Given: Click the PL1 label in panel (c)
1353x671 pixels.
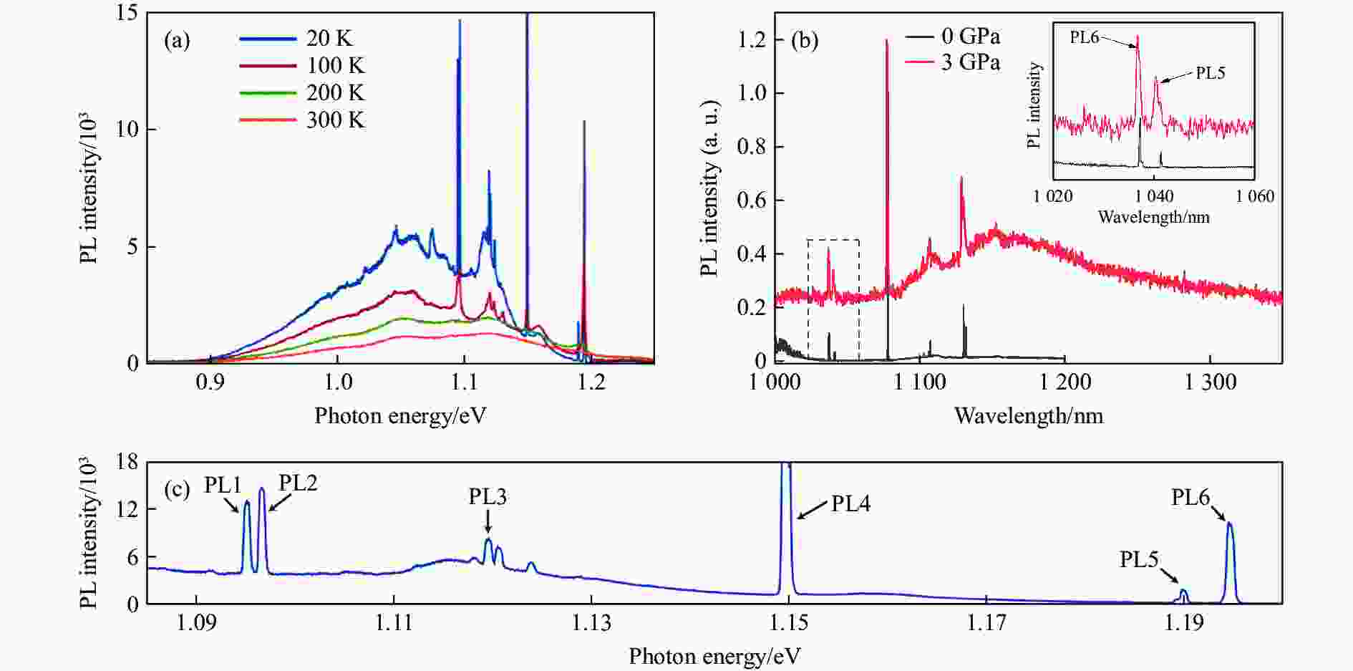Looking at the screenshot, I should coord(223,486).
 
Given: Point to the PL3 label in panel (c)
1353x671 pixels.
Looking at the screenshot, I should coord(488,496).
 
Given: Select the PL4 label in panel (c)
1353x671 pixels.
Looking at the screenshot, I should coord(850,504).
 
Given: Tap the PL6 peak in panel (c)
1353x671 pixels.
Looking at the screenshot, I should coord(1229,526).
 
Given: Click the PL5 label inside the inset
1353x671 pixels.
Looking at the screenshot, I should coord(1211,73).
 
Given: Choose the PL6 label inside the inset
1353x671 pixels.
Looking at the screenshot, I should coord(1085,37).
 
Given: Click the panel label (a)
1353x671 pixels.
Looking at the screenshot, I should coord(177,40).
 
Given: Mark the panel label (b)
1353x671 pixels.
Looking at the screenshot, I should coord(805,40).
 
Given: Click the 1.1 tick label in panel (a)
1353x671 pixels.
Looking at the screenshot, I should coord(464,382).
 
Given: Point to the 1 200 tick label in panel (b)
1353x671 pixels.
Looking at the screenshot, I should coord(1064,382).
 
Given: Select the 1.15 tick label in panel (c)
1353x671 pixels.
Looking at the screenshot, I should coord(789,623).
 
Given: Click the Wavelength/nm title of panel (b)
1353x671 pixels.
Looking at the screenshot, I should coord(1028,415).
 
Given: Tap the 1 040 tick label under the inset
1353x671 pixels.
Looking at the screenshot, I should coord(1153,196).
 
